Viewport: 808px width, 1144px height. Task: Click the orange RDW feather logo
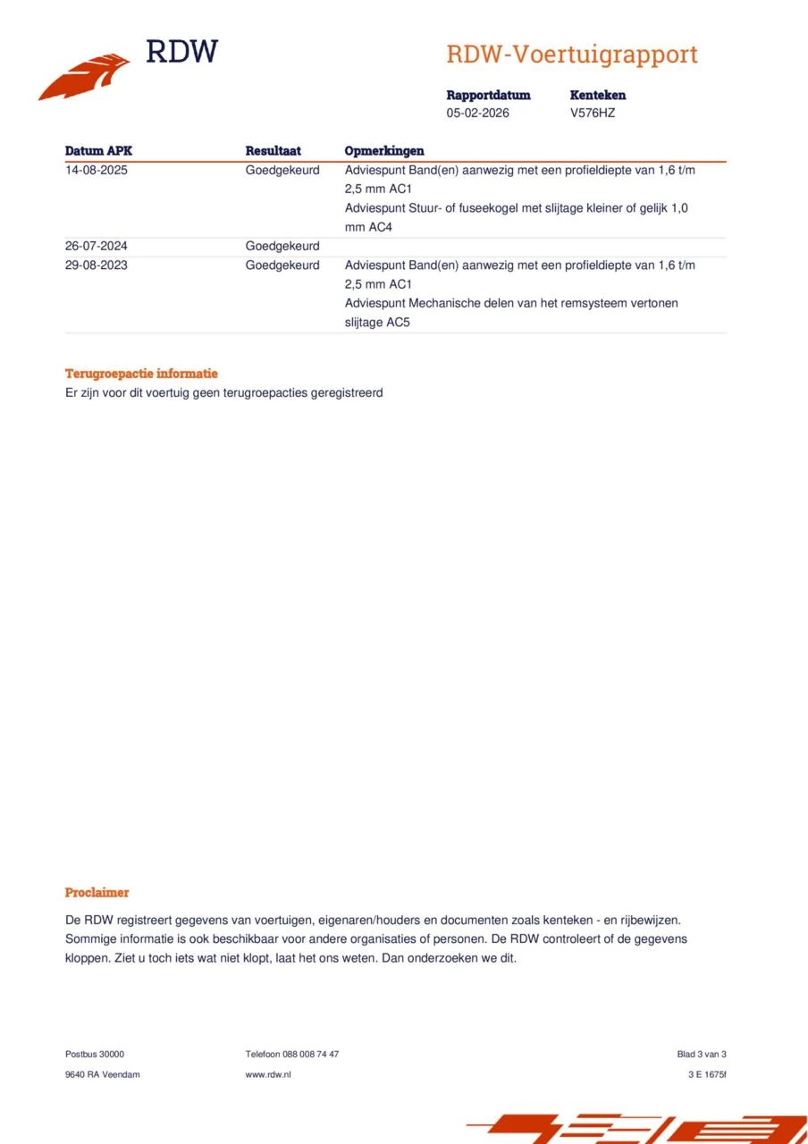[84, 77]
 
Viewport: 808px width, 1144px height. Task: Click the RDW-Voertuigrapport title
[571, 55]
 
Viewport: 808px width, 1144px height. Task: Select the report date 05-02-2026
[477, 114]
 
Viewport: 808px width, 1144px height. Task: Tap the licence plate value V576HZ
[592, 114]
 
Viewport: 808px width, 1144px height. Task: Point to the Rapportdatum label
[488, 95]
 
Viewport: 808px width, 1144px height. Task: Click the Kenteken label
[597, 95]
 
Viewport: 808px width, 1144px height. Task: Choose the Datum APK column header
[98, 151]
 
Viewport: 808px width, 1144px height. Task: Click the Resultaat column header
[273, 151]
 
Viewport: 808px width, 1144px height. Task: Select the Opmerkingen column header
[384, 151]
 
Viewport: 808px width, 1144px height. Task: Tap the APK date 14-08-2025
[97, 170]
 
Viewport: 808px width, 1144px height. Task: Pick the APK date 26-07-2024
[97, 246]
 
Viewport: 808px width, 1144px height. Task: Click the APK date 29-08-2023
[97, 265]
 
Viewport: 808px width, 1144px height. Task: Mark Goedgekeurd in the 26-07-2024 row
[282, 246]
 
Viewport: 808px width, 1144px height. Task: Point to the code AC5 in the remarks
[398, 322]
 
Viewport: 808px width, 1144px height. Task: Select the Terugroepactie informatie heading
[141, 374]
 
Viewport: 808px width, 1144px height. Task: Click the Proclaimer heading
[97, 892]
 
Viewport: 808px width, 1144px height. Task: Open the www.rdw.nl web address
[268, 1074]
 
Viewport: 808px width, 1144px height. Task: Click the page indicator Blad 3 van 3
[702, 1054]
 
